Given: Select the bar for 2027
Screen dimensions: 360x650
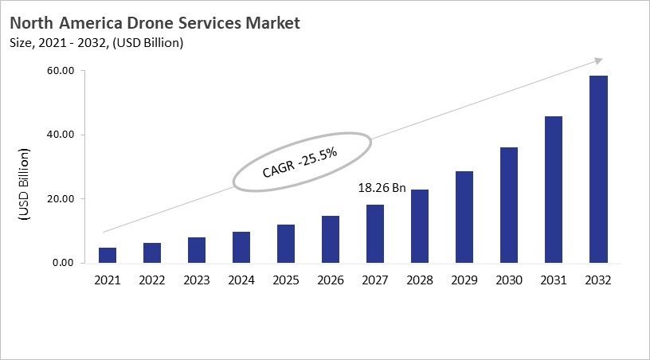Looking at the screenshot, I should pyautogui.click(x=374, y=233).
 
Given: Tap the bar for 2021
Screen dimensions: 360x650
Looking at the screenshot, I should pyautogui.click(x=108, y=255).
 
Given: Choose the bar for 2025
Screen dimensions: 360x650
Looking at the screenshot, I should pyautogui.click(x=285, y=243).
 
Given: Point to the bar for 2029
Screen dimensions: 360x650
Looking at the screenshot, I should pyautogui.click(x=464, y=217).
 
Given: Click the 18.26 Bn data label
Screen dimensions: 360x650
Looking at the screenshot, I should pyautogui.click(x=381, y=189).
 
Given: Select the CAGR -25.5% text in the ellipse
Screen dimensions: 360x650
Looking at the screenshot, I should pyautogui.click(x=301, y=162).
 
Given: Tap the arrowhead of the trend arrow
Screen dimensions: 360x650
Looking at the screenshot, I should pyautogui.click(x=597, y=61).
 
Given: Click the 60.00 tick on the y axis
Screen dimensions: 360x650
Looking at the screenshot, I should pyautogui.click(x=61, y=71).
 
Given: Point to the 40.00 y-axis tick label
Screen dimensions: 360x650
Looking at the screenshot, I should pyautogui.click(x=61, y=135).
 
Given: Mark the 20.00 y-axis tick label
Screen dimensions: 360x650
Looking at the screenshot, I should pyautogui.click(x=61, y=199).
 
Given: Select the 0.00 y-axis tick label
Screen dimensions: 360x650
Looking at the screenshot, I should pyautogui.click(x=63, y=263).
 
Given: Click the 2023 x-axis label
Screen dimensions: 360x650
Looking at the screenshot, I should pyautogui.click(x=196, y=280).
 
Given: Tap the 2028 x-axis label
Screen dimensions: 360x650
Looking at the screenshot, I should pyautogui.click(x=419, y=280).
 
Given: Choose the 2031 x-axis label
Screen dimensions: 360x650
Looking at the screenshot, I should pyautogui.click(x=553, y=280).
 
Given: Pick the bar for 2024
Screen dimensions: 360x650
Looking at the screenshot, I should pyautogui.click(x=241, y=247).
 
